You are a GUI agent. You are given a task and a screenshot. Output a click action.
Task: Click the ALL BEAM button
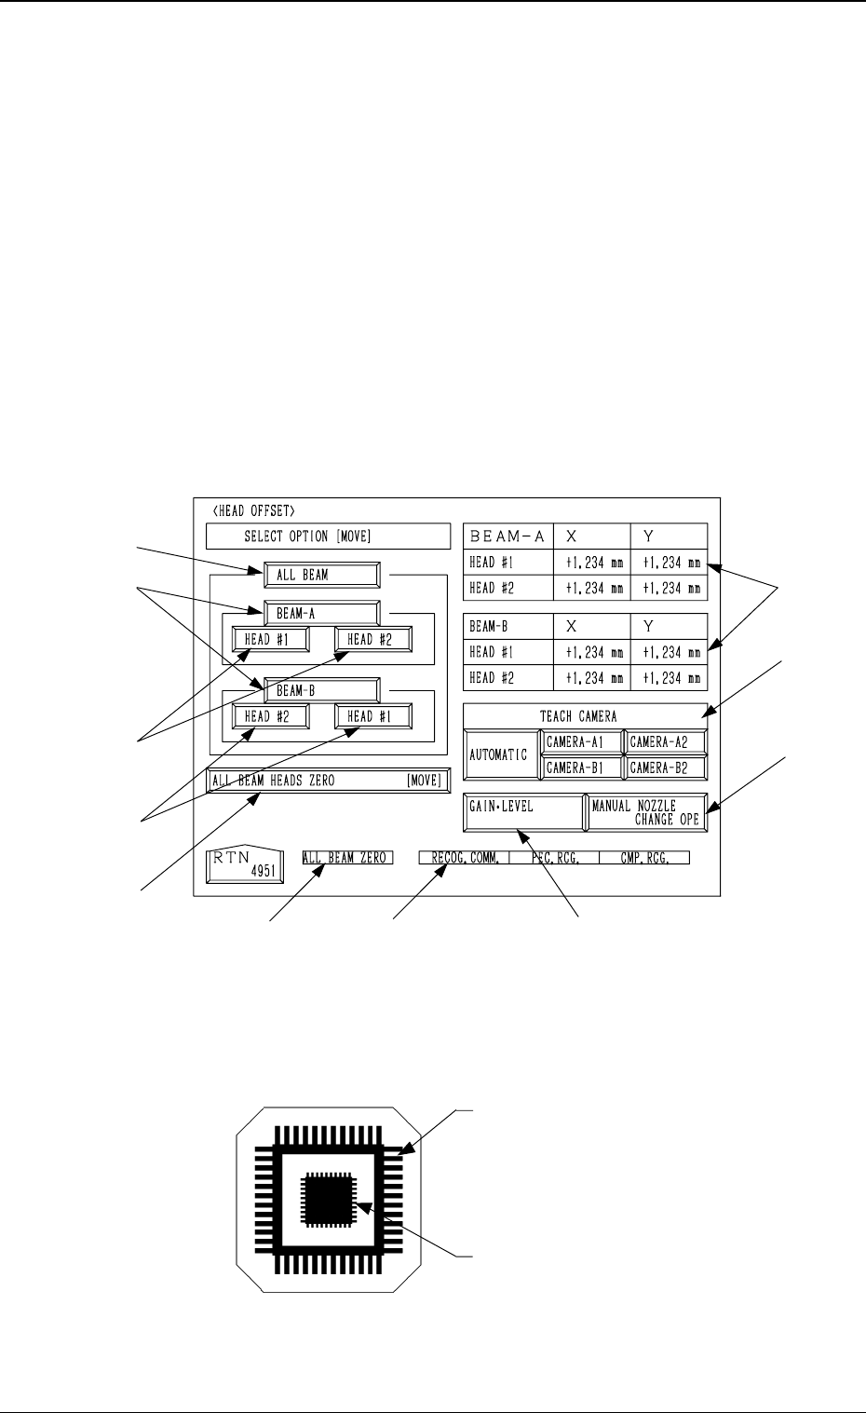[321, 575]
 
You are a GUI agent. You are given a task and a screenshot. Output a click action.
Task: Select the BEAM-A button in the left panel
[321, 613]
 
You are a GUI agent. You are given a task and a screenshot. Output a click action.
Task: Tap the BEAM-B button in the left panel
[321, 690]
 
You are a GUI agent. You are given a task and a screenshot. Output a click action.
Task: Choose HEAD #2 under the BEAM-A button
[373, 640]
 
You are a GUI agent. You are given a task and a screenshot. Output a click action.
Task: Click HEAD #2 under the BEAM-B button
[271, 716]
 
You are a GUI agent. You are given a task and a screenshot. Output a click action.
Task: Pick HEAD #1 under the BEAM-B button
[373, 716]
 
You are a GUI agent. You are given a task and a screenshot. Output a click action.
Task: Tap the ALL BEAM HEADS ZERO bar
[327, 781]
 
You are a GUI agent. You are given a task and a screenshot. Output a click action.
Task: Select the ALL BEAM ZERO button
[346, 858]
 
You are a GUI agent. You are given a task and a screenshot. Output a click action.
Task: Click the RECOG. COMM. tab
[464, 858]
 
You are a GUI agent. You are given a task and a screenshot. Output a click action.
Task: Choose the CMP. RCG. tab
[644, 858]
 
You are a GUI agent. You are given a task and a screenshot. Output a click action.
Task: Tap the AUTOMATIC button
[500, 754]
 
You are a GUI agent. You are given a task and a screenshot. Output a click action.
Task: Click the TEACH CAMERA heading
[585, 716]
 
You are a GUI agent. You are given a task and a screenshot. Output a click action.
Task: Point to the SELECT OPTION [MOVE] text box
[328, 537]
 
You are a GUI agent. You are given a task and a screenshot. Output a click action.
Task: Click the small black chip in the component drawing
[329, 1200]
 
